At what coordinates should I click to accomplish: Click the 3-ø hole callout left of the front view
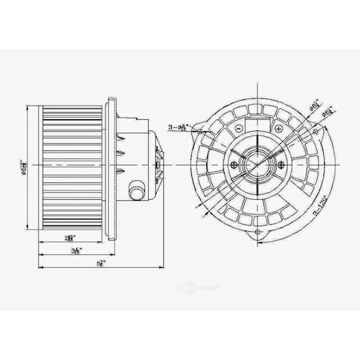tap(181, 126)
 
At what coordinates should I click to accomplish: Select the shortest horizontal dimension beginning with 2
tap(71, 238)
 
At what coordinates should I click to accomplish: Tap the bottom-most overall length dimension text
tap(99, 263)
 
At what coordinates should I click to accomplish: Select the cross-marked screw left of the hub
tap(234, 164)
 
